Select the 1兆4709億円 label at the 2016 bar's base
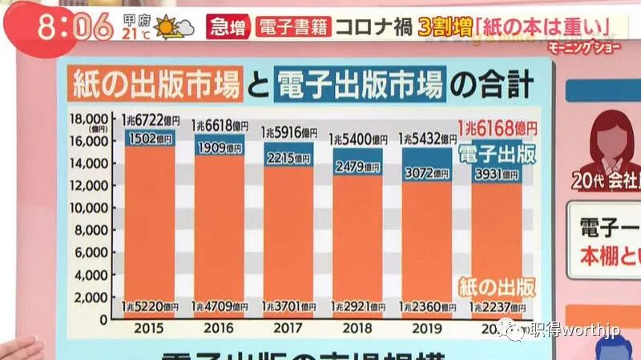point(220,307)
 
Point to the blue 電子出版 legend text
point(496,153)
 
